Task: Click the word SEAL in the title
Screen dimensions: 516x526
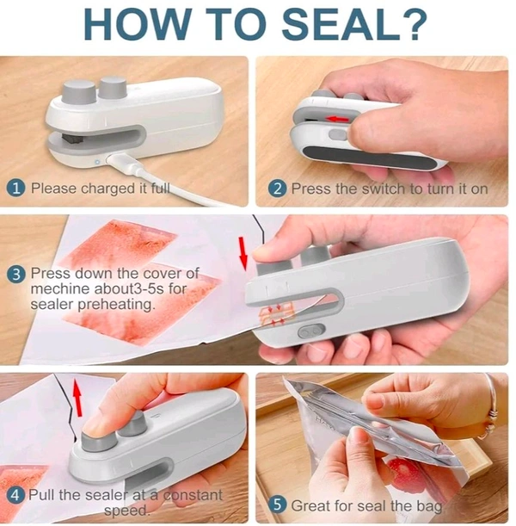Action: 337,24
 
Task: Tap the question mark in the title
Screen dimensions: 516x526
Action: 411,24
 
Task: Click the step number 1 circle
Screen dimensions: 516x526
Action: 15,189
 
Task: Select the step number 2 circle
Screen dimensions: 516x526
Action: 277,189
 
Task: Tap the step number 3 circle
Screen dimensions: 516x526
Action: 16,275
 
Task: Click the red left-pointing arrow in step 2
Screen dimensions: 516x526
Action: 339,119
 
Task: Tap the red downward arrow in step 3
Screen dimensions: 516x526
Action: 243,253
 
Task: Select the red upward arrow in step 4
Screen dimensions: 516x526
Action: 77,400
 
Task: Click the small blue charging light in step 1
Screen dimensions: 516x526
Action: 97,162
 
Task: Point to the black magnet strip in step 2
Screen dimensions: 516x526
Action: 371,157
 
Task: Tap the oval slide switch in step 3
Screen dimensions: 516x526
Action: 311,332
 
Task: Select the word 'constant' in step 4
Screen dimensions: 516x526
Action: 193,495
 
